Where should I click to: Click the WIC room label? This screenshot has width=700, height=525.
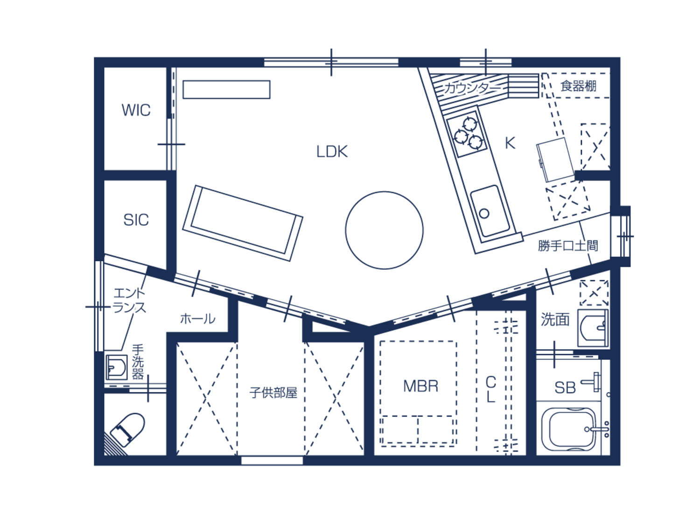point(136,110)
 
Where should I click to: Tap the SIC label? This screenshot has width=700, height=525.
point(136,220)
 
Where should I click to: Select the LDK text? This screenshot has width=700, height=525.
point(332,152)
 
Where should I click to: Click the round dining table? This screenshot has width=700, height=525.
point(384,230)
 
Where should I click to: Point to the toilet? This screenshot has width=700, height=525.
point(127,429)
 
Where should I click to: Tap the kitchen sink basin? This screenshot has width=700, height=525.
point(490,211)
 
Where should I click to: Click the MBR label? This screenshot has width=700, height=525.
point(420,386)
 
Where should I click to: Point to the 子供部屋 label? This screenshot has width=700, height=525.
point(273,393)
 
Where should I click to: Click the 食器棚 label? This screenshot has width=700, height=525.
point(578,86)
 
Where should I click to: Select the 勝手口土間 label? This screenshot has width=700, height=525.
point(568,245)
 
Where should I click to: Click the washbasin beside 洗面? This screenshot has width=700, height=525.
point(593,328)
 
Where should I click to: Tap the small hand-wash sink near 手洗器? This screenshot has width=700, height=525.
point(116,368)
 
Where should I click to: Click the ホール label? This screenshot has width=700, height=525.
point(198,319)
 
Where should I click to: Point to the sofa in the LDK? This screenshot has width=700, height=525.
point(243,223)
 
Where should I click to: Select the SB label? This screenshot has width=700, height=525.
point(565,388)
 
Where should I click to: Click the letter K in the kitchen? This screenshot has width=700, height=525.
point(510,143)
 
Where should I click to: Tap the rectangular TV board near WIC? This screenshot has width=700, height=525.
point(226,90)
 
